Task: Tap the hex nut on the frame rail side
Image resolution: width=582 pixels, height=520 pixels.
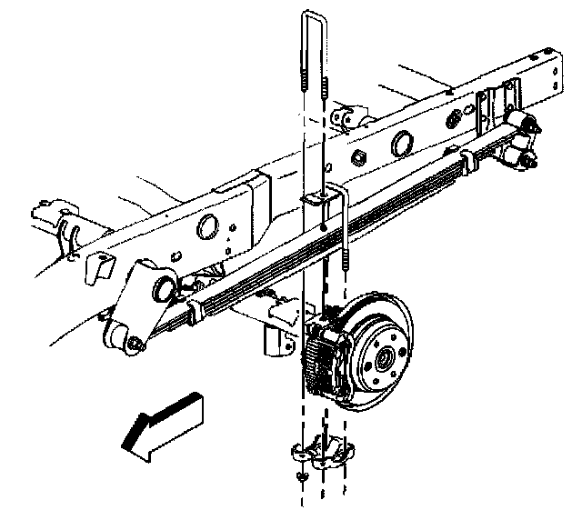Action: point(357,160)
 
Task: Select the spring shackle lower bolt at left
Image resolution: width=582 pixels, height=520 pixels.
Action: point(135,344)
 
